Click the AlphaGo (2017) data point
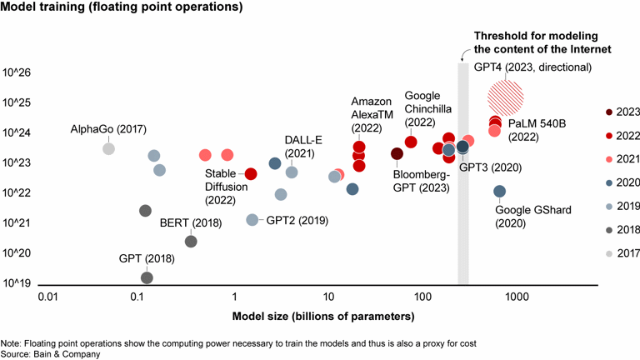(108, 148)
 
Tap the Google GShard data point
(499, 192)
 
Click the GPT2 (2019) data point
(252, 220)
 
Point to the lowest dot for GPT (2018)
(147, 277)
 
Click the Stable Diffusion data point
(250, 174)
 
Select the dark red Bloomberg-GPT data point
(397, 153)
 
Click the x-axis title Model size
(322, 317)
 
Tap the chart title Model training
(122, 8)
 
